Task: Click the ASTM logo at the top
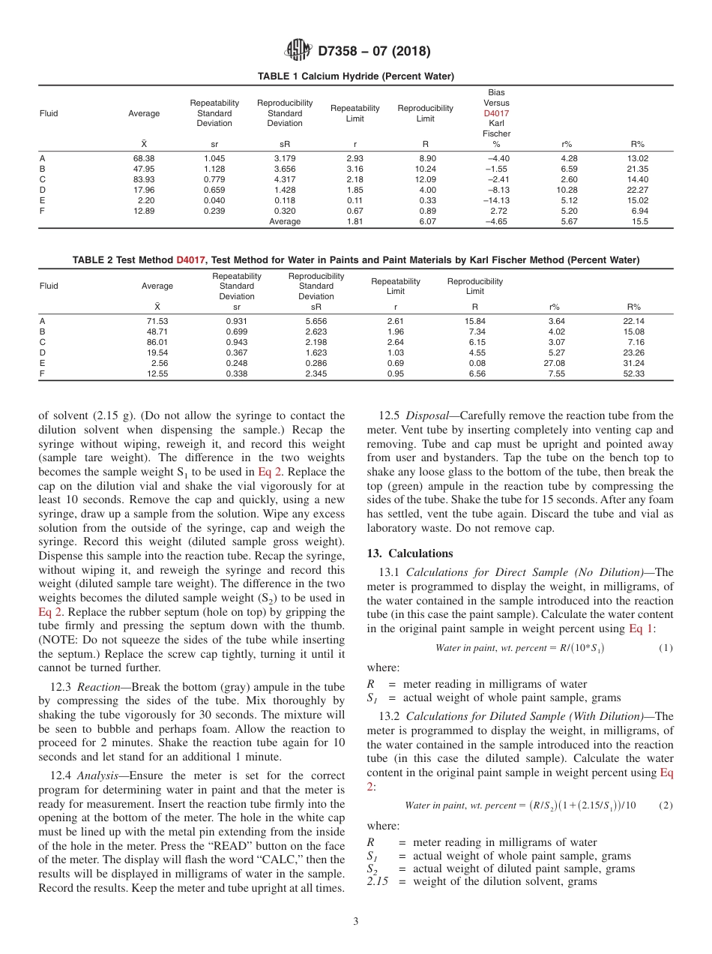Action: point(298,51)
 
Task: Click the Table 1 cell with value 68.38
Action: point(144,158)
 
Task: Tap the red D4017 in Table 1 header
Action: point(496,113)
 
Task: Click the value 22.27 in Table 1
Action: point(639,190)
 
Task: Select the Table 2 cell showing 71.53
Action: point(157,321)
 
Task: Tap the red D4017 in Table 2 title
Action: point(190,260)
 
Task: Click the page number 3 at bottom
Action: point(356,921)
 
